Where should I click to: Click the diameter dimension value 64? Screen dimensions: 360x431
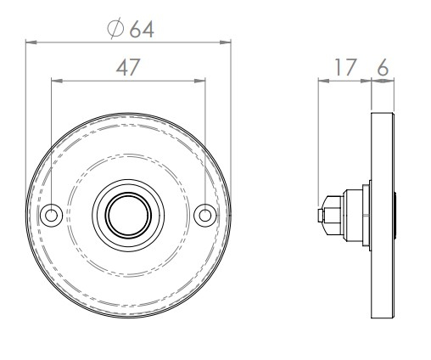[x=142, y=28]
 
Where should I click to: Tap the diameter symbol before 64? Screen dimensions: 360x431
[x=117, y=28]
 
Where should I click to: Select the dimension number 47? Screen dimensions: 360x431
[x=127, y=67]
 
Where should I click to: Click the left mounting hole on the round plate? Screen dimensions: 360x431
[x=52, y=216]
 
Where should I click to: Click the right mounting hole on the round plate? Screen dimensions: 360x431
[x=204, y=216]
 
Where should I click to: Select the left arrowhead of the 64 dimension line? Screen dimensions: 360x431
[x=30, y=41]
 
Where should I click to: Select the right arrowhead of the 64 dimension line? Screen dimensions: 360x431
[x=227, y=41]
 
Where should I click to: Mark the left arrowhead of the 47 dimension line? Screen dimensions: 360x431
[x=56, y=81]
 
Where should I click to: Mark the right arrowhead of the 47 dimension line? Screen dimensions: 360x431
[x=200, y=81]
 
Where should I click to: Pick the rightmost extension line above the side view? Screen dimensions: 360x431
[x=394, y=93]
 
